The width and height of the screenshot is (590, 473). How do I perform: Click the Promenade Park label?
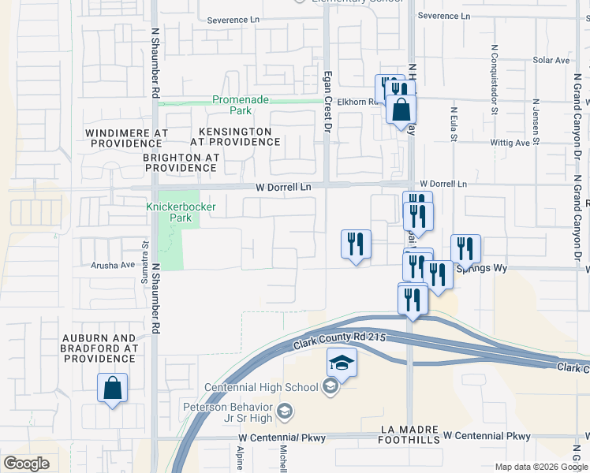tap(241, 100)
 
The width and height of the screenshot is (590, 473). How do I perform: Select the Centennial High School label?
tap(261, 387)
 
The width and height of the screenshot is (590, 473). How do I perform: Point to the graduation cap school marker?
tap(342, 363)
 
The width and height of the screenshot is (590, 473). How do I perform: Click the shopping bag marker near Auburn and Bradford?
tap(113, 388)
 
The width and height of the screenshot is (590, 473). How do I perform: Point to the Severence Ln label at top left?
tap(233, 19)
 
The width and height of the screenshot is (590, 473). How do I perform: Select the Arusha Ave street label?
tap(113, 265)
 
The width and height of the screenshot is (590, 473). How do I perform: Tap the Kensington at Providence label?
tap(235, 136)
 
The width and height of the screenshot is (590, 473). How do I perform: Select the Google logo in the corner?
tap(26, 464)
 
